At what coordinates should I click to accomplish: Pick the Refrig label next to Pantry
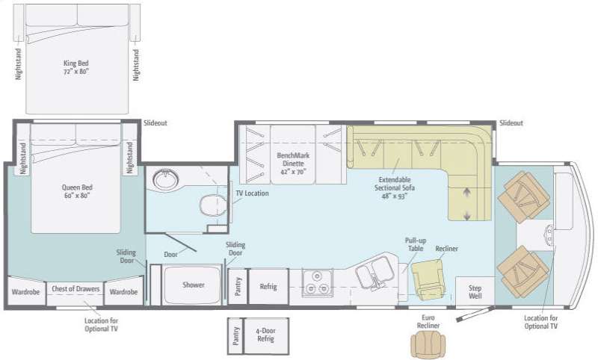268,286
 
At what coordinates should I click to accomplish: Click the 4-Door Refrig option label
265,335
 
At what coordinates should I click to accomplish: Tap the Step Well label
475,291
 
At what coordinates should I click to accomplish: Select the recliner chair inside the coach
428,278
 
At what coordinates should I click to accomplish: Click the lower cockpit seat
523,271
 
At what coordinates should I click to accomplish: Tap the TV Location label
251,193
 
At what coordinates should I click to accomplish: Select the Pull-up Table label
415,244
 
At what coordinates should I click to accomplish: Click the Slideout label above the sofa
511,123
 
